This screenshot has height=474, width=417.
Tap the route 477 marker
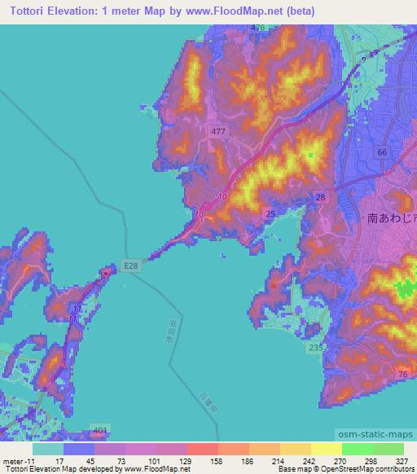[217, 130]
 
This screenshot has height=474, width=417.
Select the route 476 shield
[258, 28]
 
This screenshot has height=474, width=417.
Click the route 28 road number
[320, 198]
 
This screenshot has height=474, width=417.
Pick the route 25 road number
[270, 213]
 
